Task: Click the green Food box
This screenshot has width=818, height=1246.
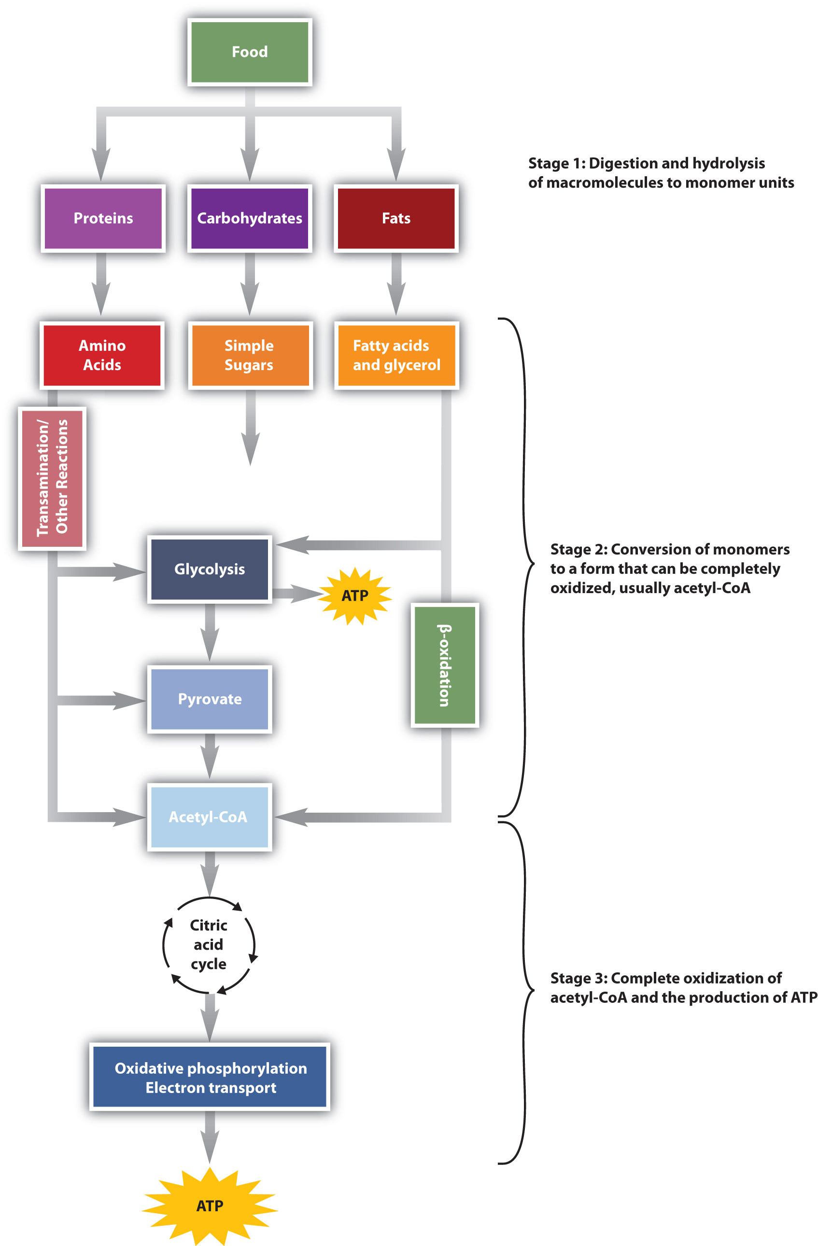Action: [250, 52]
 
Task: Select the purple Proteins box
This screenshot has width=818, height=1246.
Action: [103, 218]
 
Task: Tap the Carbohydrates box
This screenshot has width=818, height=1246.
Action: [250, 218]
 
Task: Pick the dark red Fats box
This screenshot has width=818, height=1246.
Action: [396, 218]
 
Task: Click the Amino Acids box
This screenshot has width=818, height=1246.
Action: [102, 356]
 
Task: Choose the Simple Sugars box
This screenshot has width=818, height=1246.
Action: [250, 356]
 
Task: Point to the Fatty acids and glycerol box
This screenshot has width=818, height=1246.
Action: [396, 356]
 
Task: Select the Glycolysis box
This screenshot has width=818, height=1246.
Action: [210, 569]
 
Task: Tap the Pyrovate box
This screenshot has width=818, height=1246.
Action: [210, 699]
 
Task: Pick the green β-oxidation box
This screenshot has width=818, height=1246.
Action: [445, 665]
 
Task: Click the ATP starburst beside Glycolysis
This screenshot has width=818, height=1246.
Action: [355, 596]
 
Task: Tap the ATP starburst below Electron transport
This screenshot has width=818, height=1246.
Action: [210, 1205]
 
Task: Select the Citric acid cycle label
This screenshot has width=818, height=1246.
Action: [209, 944]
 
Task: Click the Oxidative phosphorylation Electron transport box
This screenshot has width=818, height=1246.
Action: [210, 1078]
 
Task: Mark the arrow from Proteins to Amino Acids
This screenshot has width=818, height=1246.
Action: [101, 284]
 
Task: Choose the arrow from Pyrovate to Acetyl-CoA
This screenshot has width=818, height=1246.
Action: [210, 755]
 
